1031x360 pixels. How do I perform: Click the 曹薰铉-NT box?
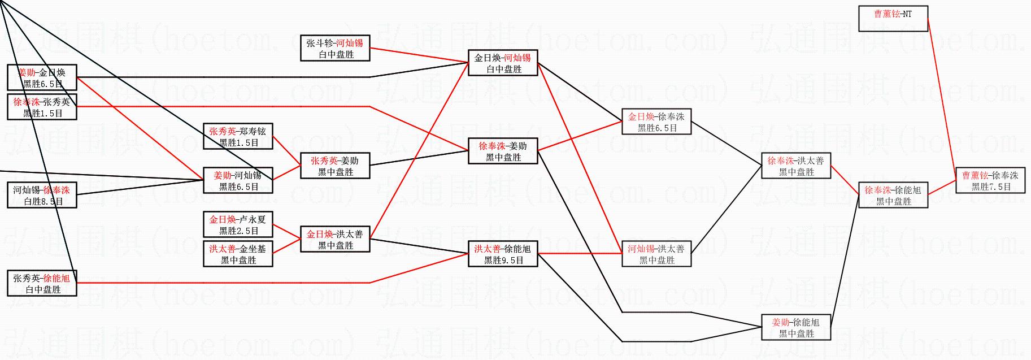point(893,19)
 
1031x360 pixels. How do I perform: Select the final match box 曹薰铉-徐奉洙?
point(990,180)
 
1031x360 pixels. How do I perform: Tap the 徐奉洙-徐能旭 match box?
point(893,195)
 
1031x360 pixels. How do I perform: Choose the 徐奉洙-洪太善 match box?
point(796,166)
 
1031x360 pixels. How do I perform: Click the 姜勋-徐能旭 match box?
point(796,327)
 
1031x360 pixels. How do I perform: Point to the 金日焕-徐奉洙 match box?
point(656,122)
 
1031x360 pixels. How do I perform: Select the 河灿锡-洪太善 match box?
point(656,254)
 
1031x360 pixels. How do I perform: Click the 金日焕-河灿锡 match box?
point(503,63)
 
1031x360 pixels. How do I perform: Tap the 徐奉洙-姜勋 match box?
point(503,151)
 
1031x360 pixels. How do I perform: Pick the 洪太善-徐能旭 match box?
point(503,254)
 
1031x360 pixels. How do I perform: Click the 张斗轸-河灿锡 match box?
point(335,48)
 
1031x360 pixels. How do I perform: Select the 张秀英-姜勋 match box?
point(335,166)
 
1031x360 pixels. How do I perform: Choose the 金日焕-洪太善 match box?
point(335,239)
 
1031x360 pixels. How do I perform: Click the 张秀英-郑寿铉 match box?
point(238,136)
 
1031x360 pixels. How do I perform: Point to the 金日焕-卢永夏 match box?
point(238,224)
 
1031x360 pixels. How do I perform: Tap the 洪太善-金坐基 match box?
point(238,254)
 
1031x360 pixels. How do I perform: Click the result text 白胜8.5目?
point(43,201)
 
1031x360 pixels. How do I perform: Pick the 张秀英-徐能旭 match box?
point(42,283)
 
